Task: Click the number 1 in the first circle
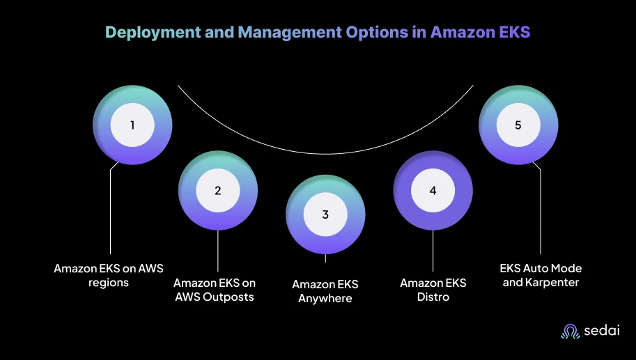point(132,125)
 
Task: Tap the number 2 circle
point(218,191)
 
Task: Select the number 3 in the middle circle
point(325,214)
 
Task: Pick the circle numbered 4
point(433,191)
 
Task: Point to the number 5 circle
point(518,125)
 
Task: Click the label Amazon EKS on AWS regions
point(109,275)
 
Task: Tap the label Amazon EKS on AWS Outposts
point(215,290)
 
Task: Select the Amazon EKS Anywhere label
point(325,291)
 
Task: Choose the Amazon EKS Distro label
point(433,290)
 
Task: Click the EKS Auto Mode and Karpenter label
point(541,275)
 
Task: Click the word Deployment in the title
point(153,33)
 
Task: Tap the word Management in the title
point(290,33)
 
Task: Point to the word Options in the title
point(377,33)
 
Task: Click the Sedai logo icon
point(571,331)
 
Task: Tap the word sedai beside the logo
point(602,330)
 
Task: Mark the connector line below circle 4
point(433,251)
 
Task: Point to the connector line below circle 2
point(218,251)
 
